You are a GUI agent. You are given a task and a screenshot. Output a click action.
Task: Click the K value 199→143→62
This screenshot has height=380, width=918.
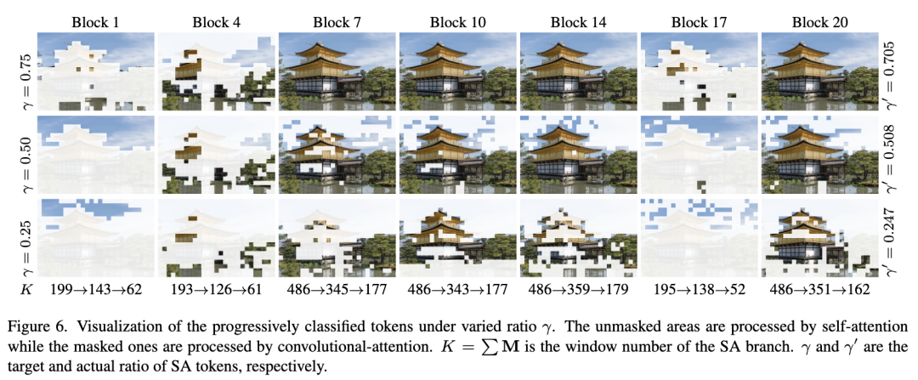95,289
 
